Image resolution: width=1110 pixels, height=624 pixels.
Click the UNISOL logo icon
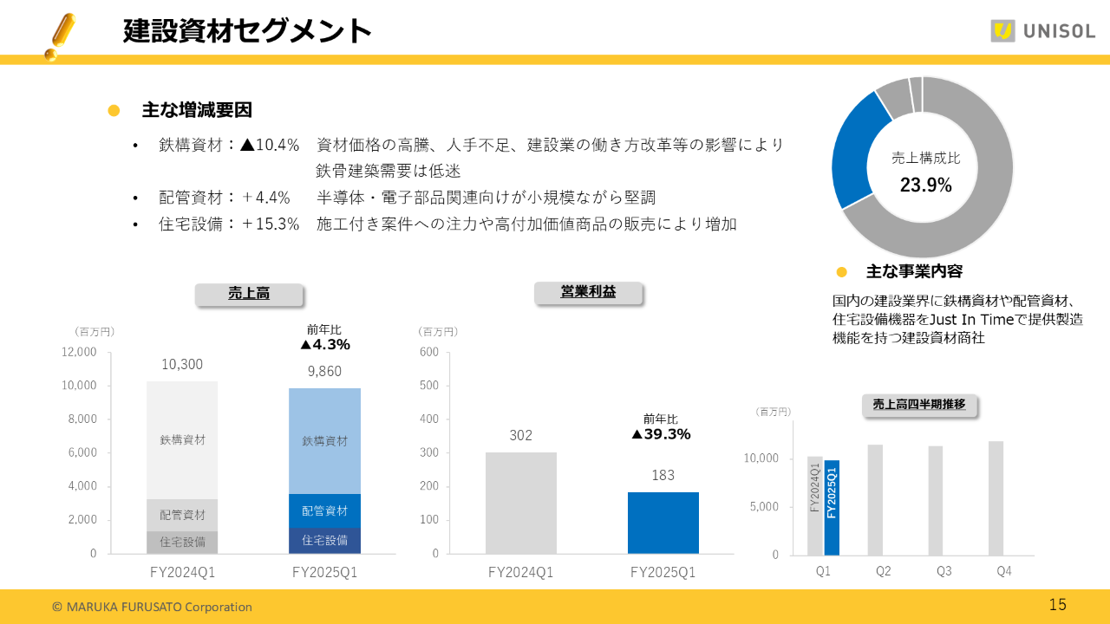click(1003, 31)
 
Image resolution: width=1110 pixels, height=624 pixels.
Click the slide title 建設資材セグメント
click(248, 31)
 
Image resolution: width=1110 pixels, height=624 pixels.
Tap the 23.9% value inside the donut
click(925, 185)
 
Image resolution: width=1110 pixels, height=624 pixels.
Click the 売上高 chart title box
click(249, 294)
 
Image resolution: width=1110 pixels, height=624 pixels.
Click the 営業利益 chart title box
click(588, 293)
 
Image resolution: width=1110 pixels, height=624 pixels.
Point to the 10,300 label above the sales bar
click(182, 365)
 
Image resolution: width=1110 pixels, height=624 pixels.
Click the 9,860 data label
click(324, 371)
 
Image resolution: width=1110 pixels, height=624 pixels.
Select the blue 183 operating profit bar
click(663, 523)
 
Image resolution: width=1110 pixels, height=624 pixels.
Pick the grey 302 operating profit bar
click(520, 503)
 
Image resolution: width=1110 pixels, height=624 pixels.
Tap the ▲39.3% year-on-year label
click(661, 434)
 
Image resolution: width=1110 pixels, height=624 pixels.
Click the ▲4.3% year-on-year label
click(324, 345)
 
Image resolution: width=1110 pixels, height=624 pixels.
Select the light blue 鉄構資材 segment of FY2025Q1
click(324, 440)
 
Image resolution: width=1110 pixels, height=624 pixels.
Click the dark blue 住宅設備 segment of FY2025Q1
click(324, 541)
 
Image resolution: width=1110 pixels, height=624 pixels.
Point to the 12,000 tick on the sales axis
click(79, 352)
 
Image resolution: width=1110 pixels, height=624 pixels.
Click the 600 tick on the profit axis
click(429, 352)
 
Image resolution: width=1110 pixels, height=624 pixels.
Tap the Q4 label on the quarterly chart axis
click(1003, 571)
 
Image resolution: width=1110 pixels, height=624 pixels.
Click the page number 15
click(1057, 605)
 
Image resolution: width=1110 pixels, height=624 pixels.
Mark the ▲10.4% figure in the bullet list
click(270, 145)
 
